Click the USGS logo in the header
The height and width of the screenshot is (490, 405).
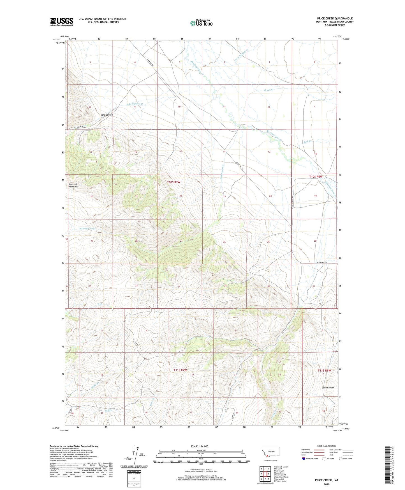click(x=62, y=22)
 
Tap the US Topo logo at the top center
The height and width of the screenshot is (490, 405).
click(x=201, y=23)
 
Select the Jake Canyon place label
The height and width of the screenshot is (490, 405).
click(x=107, y=115)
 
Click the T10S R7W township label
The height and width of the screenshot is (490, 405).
click(x=173, y=182)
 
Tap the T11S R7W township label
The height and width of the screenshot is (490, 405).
click(x=180, y=370)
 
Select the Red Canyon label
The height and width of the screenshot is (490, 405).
click(x=328, y=388)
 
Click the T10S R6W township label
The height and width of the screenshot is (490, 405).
click(x=316, y=177)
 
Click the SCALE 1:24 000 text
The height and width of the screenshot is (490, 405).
click(x=199, y=446)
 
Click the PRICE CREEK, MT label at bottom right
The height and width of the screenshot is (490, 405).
click(x=327, y=480)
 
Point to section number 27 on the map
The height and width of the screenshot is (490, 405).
click(x=181, y=241)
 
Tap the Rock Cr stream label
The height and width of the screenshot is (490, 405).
click(x=307, y=142)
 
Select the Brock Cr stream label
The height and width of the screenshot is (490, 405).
click(x=269, y=90)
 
